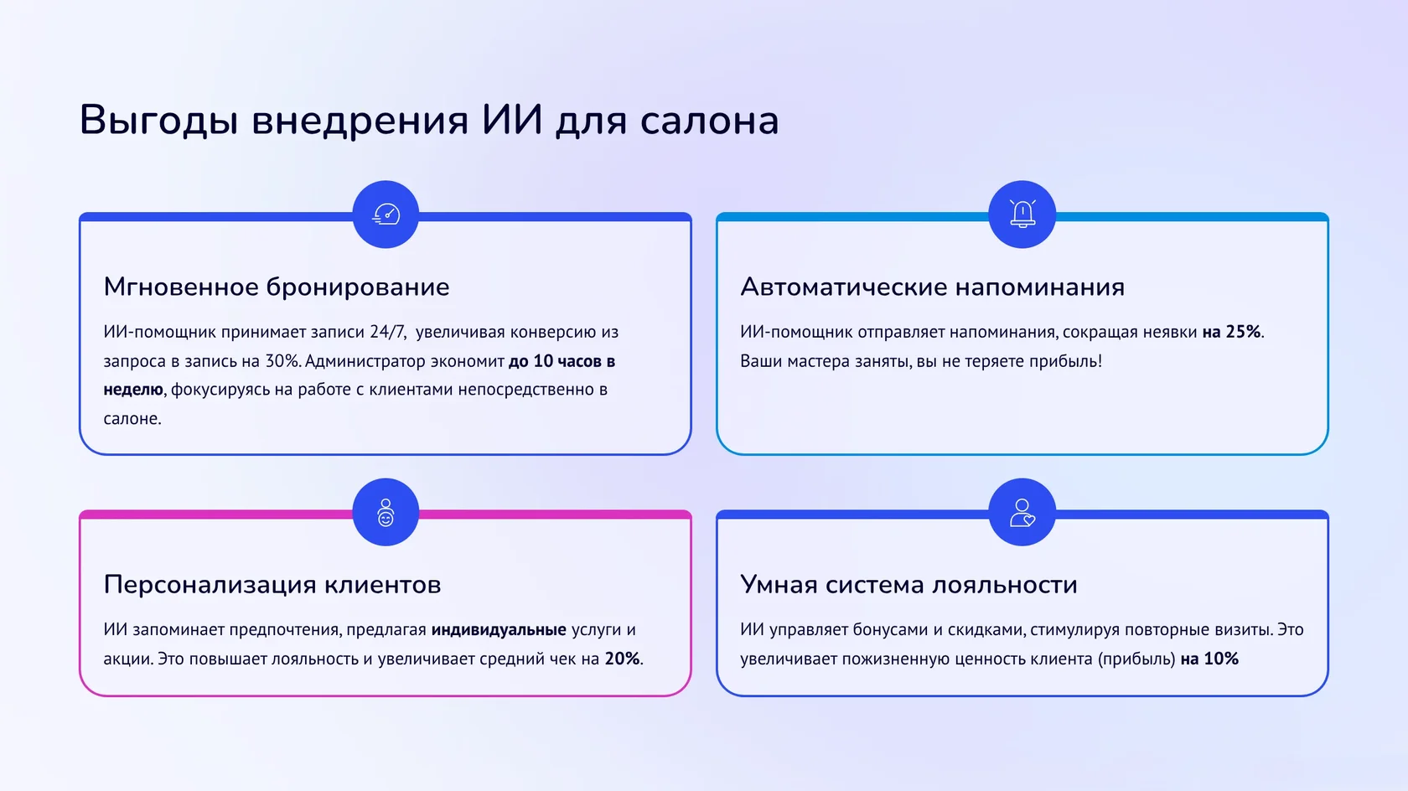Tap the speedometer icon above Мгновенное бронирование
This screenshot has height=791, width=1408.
(386, 215)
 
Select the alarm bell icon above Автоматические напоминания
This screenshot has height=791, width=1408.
(1022, 215)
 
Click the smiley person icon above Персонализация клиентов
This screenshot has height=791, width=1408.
(386, 512)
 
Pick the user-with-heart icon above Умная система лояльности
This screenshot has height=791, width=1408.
(1022, 512)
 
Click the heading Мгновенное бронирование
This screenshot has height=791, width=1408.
(277, 287)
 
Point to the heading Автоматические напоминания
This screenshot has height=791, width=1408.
(932, 287)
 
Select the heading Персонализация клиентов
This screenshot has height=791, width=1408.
(272, 585)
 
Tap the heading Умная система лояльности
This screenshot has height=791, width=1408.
(908, 585)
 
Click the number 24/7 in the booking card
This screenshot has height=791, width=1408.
(388, 332)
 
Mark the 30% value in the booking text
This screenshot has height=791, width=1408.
(282, 361)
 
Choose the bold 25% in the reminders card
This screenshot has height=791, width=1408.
(1243, 332)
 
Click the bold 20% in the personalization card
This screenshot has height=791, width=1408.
(622, 659)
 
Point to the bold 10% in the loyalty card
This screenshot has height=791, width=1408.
(1221, 659)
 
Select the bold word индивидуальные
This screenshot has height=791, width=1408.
(499, 630)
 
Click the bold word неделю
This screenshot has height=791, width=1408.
(133, 390)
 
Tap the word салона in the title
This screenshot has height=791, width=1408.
(709, 120)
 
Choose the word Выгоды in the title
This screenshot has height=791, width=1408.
(159, 120)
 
